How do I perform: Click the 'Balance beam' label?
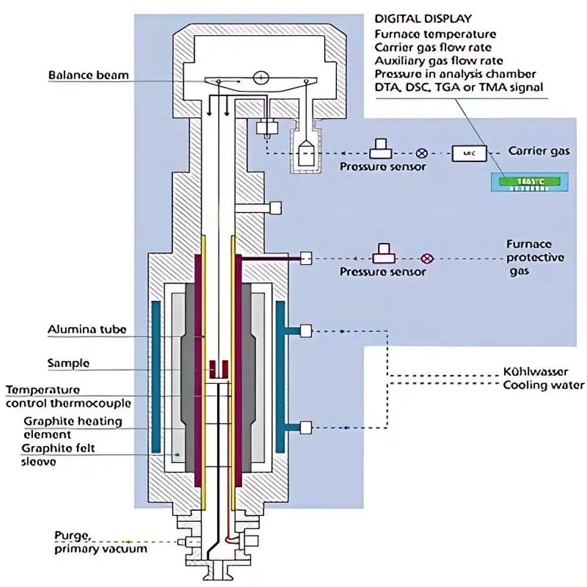(88, 75)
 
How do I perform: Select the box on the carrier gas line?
(469, 153)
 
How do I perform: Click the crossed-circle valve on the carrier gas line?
(421, 153)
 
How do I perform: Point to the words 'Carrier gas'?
(538, 151)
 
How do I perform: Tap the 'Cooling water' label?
(544, 385)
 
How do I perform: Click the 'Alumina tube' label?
(86, 330)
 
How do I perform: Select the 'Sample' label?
(68, 363)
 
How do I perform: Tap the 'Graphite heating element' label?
(73, 428)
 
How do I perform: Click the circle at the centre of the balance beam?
(261, 77)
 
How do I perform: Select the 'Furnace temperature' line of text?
(435, 35)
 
